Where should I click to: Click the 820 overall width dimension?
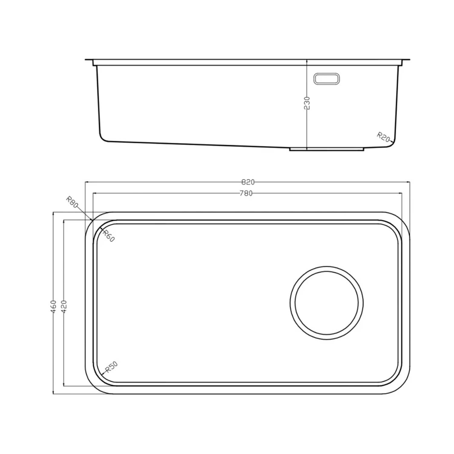(248, 182)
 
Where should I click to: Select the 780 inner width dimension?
(246, 193)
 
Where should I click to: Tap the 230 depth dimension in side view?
(307, 103)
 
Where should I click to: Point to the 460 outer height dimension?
(53, 307)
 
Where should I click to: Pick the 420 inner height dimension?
(64, 307)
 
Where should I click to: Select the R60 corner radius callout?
(108, 235)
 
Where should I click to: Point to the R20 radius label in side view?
(383, 137)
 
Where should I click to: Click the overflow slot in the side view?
(326, 79)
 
